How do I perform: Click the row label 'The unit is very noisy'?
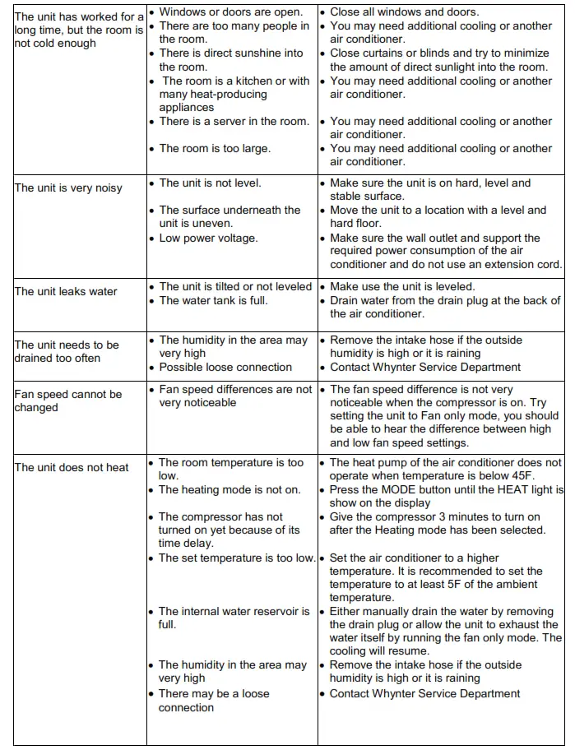coord(67,187)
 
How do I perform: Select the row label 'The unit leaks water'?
coord(66,291)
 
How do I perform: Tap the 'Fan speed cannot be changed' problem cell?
coord(67,400)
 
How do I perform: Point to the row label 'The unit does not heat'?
coord(72,467)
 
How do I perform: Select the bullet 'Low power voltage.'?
coord(208,238)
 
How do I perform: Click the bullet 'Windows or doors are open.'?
coord(230,12)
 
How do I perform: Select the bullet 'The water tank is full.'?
coord(213,300)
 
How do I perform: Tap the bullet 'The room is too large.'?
coord(215,148)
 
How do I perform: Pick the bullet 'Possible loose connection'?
coord(225,367)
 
